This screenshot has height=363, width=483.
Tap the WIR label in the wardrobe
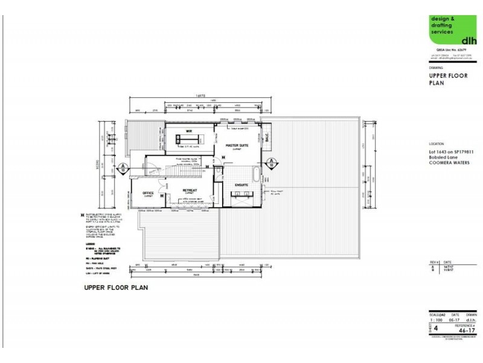click(x=188, y=131)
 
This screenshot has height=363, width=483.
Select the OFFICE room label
click(x=148, y=194)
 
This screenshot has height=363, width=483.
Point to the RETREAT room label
click(x=190, y=190)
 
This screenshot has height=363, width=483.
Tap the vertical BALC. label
click(x=266, y=138)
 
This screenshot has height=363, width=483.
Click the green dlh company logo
click(x=448, y=29)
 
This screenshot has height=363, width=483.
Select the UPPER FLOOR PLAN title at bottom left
click(x=116, y=288)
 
